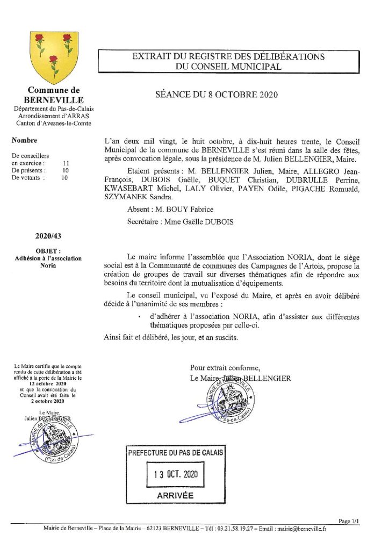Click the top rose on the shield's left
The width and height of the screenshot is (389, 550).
[x=39, y=39]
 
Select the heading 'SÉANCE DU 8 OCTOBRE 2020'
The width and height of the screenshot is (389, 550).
[x=215, y=95]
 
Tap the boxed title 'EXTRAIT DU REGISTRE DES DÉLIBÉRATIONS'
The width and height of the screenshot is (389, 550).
[x=228, y=56]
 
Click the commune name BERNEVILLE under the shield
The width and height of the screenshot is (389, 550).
[x=54, y=100]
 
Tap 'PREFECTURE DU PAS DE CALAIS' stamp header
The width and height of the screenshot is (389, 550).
[x=175, y=453]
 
